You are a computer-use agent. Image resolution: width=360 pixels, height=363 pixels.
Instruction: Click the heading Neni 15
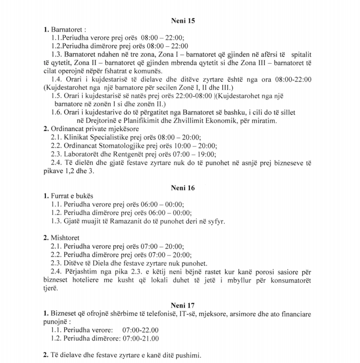tap(183, 21)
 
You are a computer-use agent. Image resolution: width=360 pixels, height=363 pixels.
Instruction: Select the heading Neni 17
tap(183, 304)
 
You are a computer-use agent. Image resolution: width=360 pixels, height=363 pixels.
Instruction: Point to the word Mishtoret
tap(65, 238)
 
